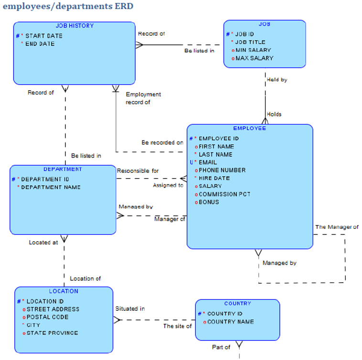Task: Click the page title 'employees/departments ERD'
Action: coord(68,7)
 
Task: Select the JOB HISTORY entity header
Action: coord(75,26)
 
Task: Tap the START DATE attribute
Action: coord(43,36)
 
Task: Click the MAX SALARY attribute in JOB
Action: coord(254,58)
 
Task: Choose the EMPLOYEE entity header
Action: coord(249,128)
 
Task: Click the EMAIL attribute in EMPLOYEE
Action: coord(208,162)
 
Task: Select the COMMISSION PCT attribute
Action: coord(224,194)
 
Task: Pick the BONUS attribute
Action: coord(209,202)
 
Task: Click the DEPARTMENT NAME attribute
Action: coord(51,187)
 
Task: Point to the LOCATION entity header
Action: coord(64,291)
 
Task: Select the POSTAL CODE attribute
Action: coord(47,317)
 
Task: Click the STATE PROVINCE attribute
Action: coord(52,333)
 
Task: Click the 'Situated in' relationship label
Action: coord(130,309)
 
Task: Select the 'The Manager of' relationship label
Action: coord(337,227)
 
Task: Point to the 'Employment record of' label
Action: coord(143,98)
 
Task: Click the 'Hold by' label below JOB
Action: coord(277,80)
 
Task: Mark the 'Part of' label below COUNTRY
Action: coord(221,347)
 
